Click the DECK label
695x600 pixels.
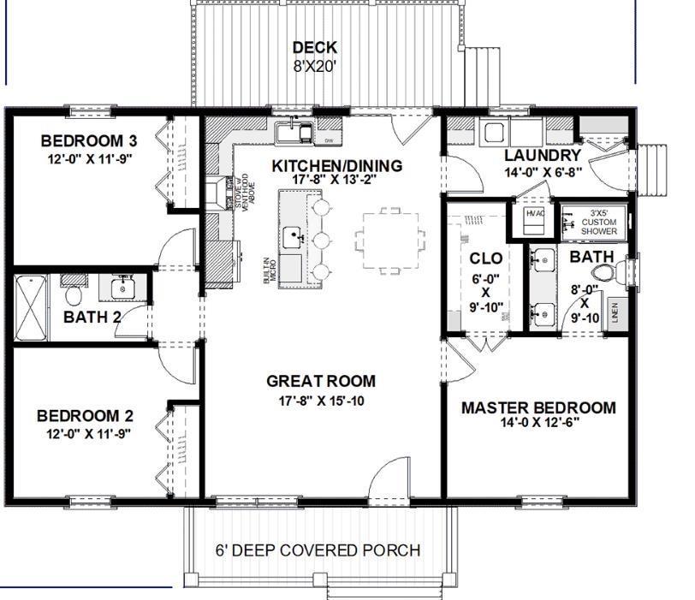point(315,48)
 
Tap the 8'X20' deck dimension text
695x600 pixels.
point(315,66)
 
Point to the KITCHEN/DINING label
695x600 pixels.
point(336,165)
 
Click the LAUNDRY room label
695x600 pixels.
point(543,155)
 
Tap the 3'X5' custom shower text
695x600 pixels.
point(599,222)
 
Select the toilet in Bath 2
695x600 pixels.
point(74,294)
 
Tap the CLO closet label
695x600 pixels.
point(485,258)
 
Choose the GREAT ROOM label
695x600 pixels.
point(321,381)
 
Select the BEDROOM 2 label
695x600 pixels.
point(85,416)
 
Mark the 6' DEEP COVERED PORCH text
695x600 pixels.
point(318,550)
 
